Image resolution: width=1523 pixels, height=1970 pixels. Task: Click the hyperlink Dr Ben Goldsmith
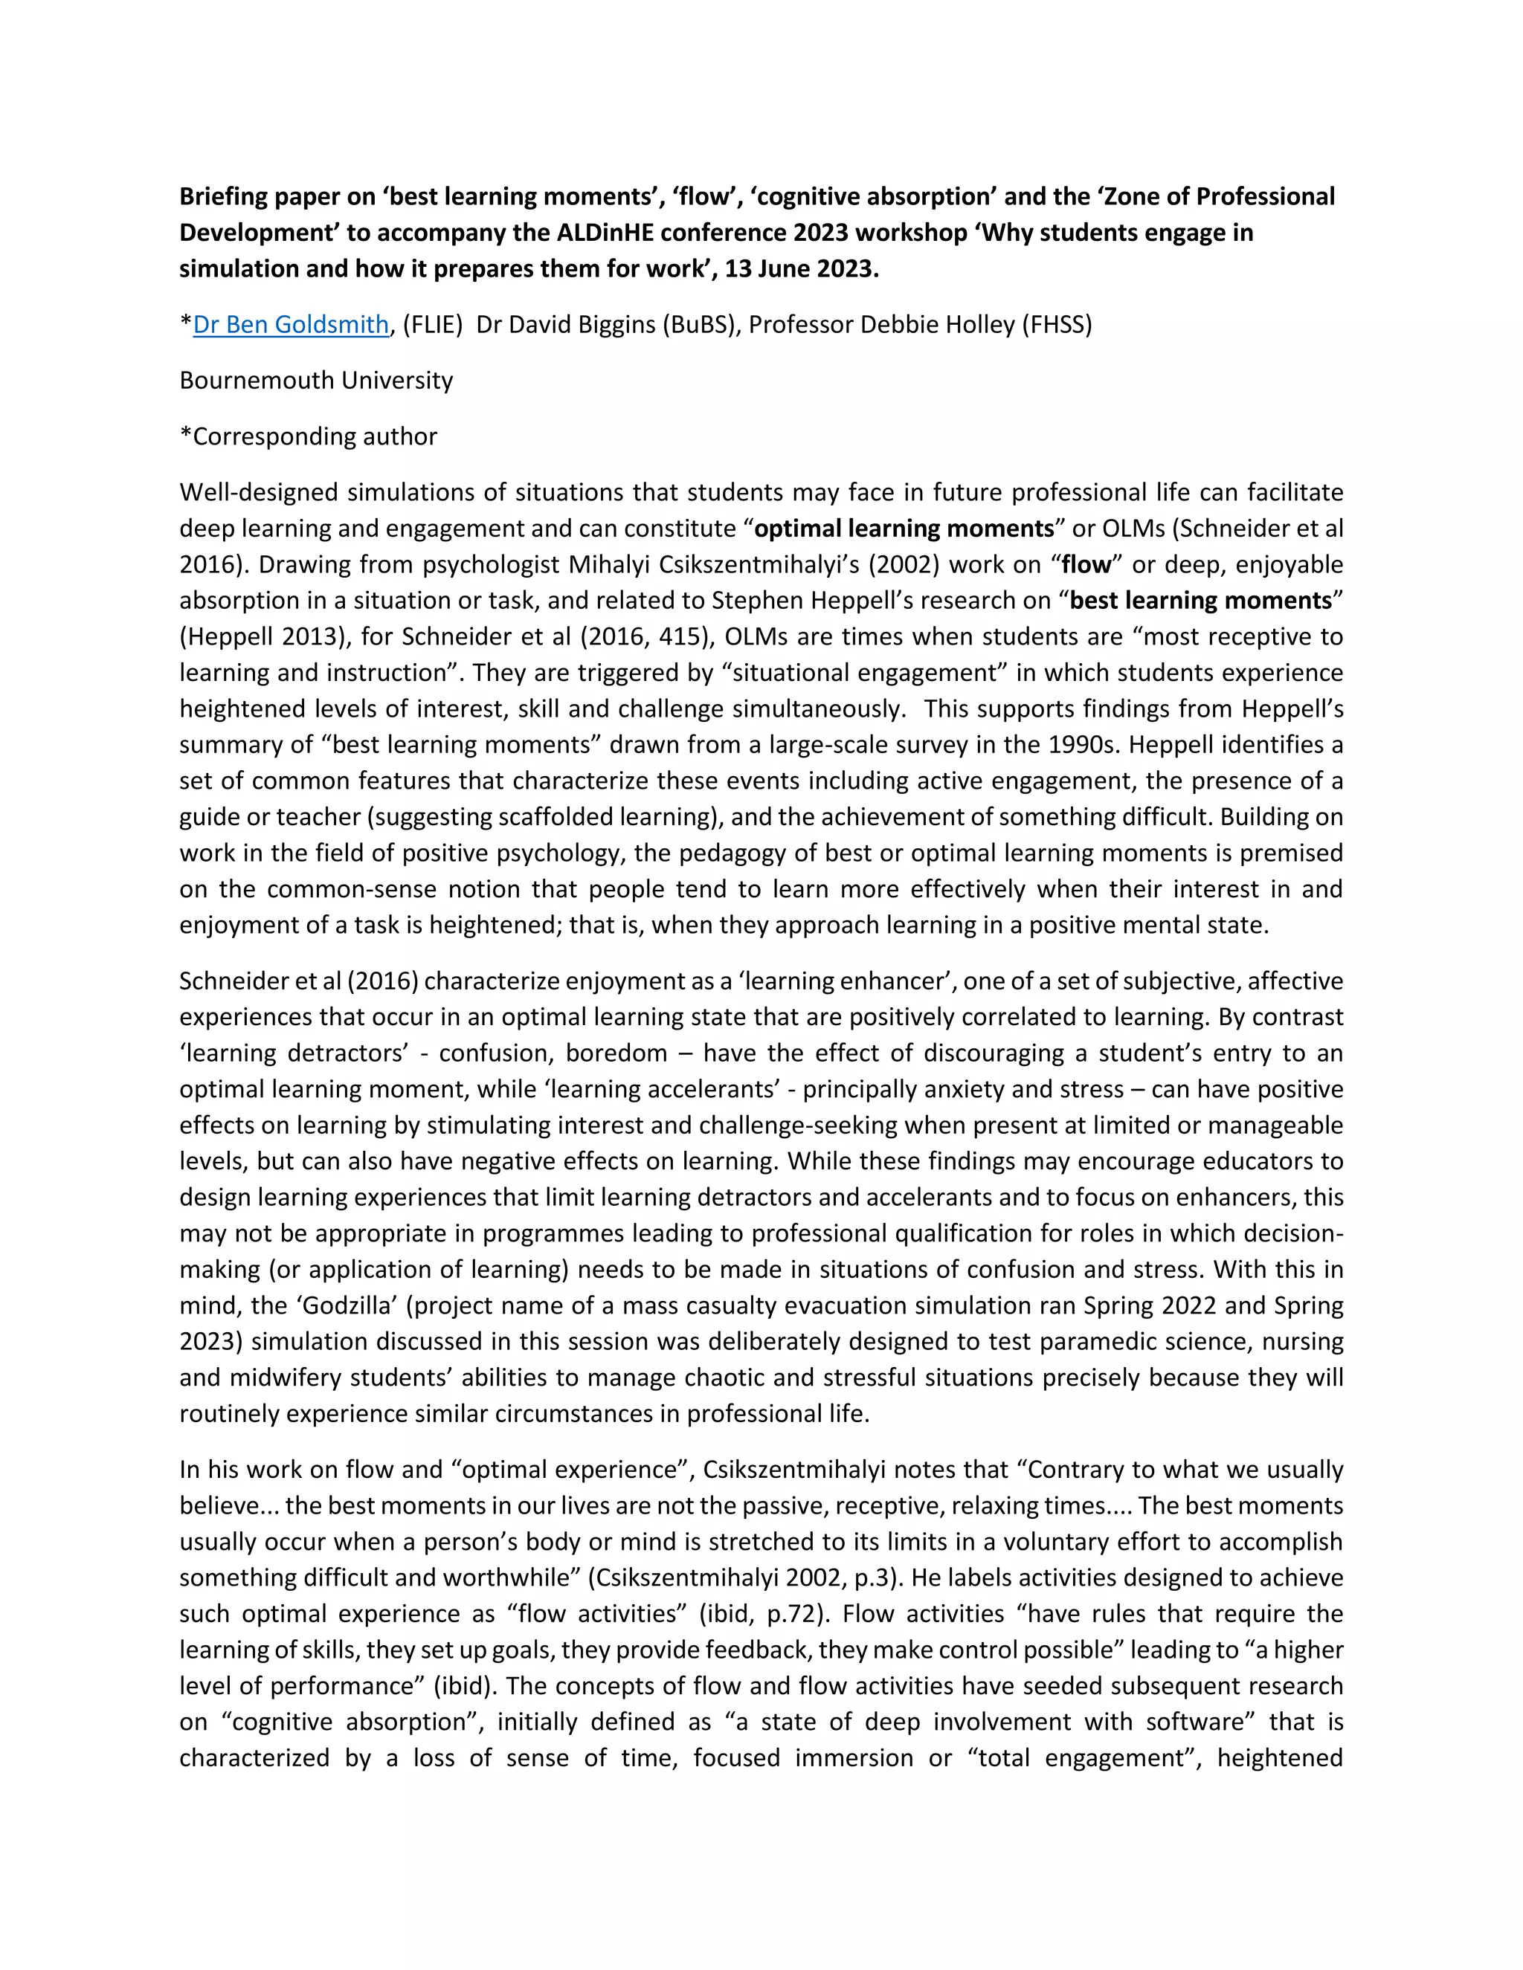(x=291, y=325)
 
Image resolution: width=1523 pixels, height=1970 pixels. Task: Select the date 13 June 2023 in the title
(x=800, y=269)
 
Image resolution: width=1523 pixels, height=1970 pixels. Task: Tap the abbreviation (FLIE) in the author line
(x=432, y=325)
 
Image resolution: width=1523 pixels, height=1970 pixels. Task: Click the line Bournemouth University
(x=316, y=381)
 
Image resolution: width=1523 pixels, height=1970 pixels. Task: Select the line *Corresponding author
(x=308, y=436)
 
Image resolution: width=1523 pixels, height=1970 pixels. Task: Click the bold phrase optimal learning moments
(x=904, y=529)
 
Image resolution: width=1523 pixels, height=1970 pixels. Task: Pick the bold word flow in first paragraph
(x=1086, y=565)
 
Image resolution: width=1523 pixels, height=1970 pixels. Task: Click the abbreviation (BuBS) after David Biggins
(x=698, y=325)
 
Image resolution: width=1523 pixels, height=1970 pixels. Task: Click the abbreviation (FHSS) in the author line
(x=1057, y=325)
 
